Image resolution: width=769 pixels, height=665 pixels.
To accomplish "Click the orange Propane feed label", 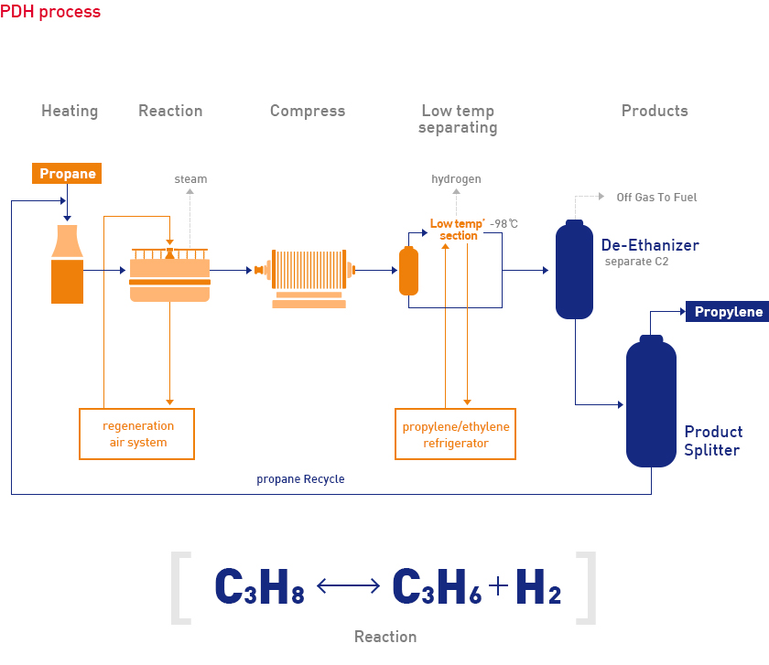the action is pyautogui.click(x=67, y=174).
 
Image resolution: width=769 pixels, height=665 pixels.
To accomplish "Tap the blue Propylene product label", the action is pyautogui.click(x=727, y=312).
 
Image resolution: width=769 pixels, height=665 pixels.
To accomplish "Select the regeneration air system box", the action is pyautogui.click(x=136, y=434).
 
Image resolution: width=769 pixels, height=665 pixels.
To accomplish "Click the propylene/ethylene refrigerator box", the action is pyautogui.click(x=455, y=434).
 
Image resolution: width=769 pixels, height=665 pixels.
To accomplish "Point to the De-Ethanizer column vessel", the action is pyautogui.click(x=574, y=270).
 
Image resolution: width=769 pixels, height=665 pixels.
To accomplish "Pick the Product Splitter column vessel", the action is pyautogui.click(x=651, y=401).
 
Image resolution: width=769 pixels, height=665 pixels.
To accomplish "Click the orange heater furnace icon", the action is pyautogui.click(x=67, y=264).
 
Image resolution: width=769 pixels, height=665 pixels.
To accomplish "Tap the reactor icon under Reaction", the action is pyautogui.click(x=169, y=274).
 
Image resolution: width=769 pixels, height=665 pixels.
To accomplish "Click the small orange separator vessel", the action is pyautogui.click(x=408, y=271).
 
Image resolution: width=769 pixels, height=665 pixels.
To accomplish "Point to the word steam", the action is pyautogui.click(x=190, y=179).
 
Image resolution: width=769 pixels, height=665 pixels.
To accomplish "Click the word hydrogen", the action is pyautogui.click(x=456, y=179).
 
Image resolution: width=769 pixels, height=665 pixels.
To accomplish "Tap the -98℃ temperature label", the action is pyautogui.click(x=504, y=224).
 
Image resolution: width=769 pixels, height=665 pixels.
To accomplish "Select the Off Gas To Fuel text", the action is pyautogui.click(x=656, y=197).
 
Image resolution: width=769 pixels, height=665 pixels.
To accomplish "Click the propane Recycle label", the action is pyautogui.click(x=300, y=478).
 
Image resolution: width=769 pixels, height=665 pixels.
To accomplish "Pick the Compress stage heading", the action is pyautogui.click(x=308, y=112).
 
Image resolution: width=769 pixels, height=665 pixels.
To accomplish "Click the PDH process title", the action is pyautogui.click(x=50, y=11).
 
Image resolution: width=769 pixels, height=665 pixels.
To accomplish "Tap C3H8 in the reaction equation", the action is pyautogui.click(x=259, y=586).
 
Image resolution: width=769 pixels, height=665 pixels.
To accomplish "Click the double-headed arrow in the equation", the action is pyautogui.click(x=348, y=585).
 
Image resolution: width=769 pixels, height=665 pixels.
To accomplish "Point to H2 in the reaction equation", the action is pyautogui.click(x=538, y=586).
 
